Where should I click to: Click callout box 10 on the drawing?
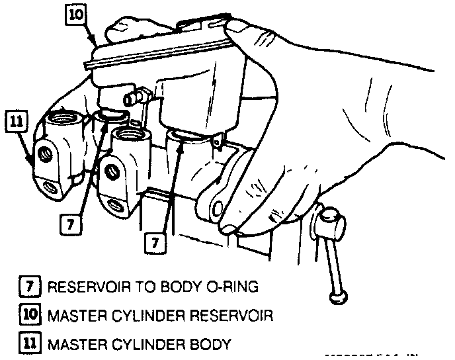point(75,15)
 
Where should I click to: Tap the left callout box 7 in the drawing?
point(71,225)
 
